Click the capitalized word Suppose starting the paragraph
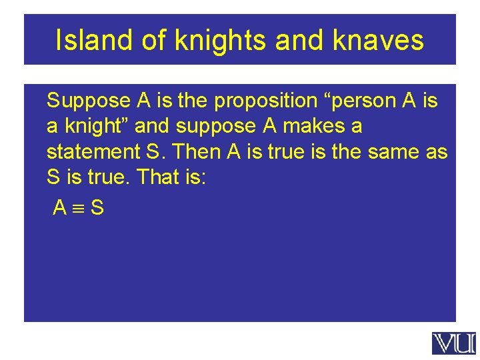pyautogui.click(x=89, y=101)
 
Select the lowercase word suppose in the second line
pyautogui.click(x=212, y=127)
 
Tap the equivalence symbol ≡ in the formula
pyautogui.click(x=79, y=209)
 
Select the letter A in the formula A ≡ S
pyautogui.click(x=60, y=209)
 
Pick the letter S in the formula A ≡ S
pyautogui.click(x=97, y=209)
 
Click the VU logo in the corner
pyautogui.click(x=454, y=343)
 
